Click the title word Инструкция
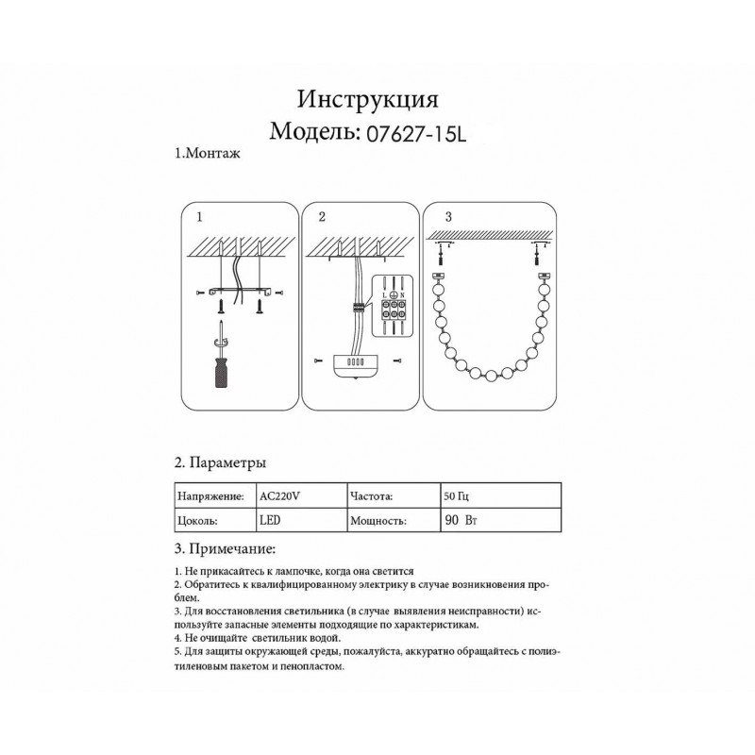coord(367,99)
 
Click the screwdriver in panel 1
coord(220,362)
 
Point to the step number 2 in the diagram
coord(322,216)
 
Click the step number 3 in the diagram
coord(448,216)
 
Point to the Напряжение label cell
coord(210,495)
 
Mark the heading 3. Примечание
coord(225,548)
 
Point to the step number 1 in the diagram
coord(199,216)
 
